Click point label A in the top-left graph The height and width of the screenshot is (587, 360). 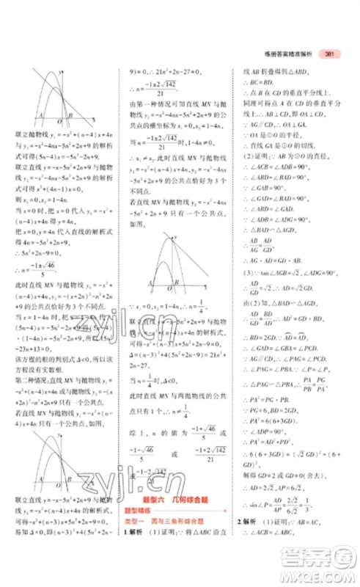pyautogui.click(x=40, y=116)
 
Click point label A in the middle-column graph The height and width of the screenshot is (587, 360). pyautogui.click(x=150, y=282)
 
